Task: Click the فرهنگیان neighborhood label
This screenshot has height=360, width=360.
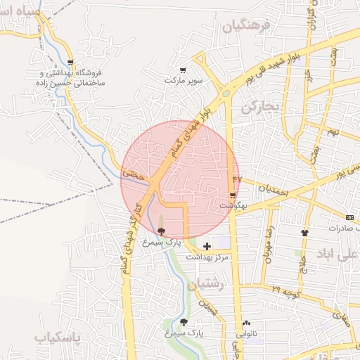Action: coord(246,27)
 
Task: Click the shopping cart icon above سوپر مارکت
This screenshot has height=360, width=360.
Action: coord(183,70)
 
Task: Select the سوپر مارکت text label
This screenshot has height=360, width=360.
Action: coord(183,82)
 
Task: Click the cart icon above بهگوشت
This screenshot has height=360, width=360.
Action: coord(232,195)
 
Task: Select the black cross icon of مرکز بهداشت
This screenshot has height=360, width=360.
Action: coord(207,246)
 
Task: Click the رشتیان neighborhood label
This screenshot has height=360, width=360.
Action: coord(206,285)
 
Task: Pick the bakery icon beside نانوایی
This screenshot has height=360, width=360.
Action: coord(246,323)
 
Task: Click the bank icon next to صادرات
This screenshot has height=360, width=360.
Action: coord(350,217)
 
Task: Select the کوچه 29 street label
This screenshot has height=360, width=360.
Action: coord(285,289)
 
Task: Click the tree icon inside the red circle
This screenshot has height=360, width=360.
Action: coord(162,231)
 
